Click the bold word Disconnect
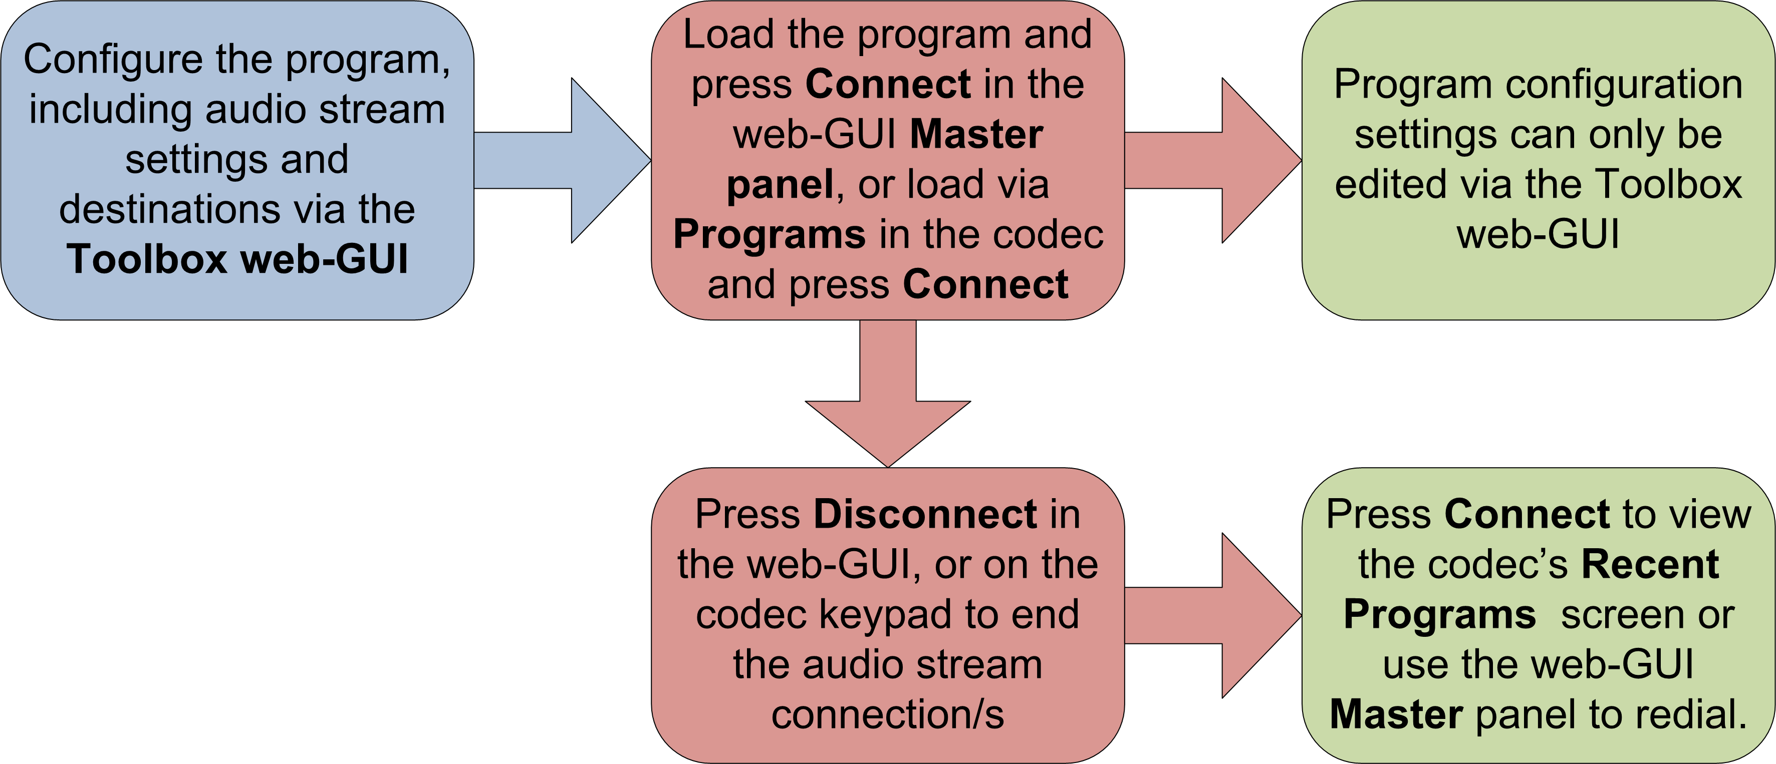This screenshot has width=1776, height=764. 925,515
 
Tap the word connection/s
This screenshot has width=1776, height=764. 887,714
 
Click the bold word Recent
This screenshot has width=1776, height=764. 1650,565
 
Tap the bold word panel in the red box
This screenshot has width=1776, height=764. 780,185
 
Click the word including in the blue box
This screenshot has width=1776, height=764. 110,110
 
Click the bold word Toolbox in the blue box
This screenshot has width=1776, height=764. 147,260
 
